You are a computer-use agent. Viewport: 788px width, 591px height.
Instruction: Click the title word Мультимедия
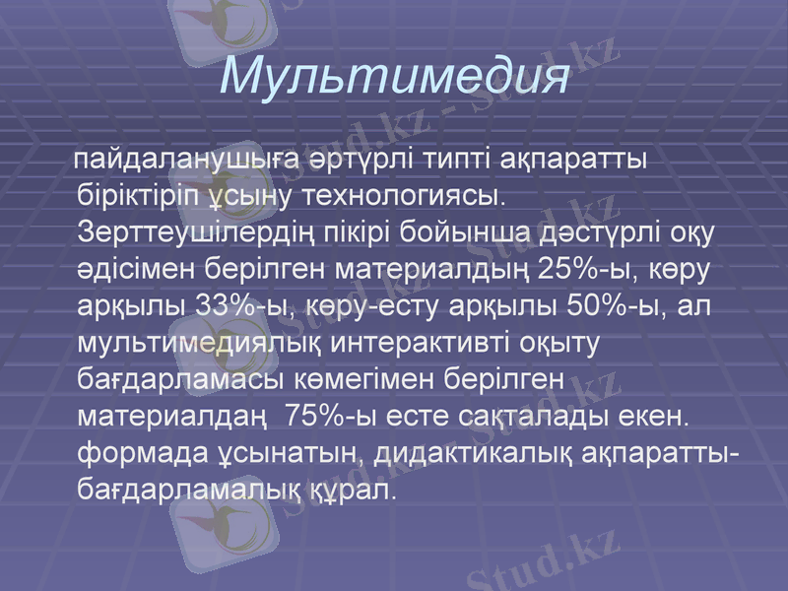(395, 77)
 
